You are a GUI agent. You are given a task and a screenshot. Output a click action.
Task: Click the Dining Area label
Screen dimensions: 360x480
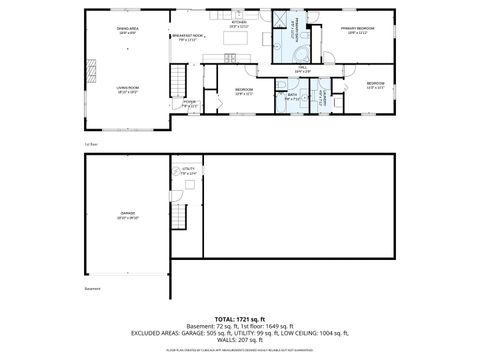coord(128,31)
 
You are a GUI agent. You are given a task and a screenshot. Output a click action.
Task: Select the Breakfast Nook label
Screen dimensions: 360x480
coord(187,38)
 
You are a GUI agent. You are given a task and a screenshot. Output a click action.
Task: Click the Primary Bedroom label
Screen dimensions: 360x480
coord(354,31)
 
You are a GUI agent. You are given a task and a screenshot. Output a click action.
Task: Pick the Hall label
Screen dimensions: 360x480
coord(303,68)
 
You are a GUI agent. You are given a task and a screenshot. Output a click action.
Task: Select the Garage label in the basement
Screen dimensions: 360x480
coord(128,214)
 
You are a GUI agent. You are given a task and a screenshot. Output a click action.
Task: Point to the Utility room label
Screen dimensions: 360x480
coord(187,171)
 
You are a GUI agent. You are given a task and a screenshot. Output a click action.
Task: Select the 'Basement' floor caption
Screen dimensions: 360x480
coord(93,291)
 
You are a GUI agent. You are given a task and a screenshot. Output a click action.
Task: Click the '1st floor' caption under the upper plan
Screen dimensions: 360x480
coord(90,144)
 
